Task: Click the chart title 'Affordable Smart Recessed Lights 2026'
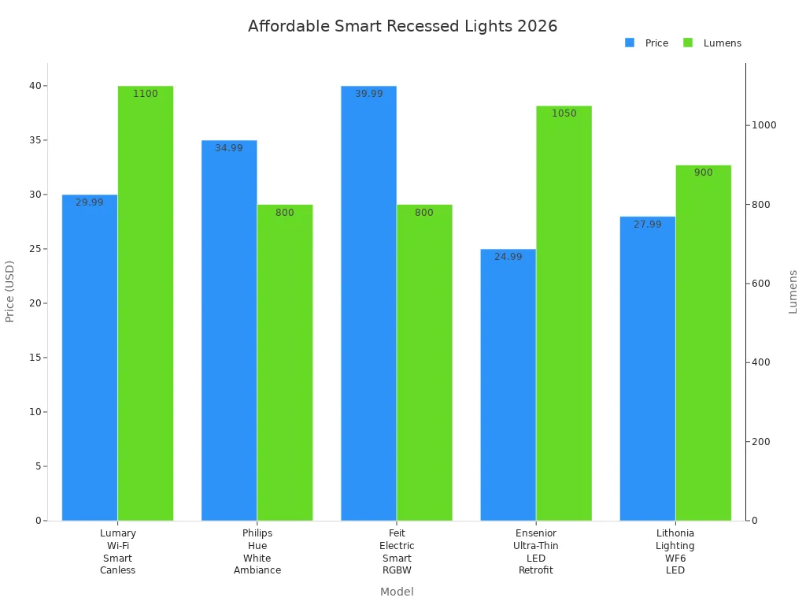coord(402,26)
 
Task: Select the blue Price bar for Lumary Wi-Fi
coord(90,358)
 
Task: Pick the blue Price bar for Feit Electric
coord(368,303)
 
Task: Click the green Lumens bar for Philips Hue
coord(285,362)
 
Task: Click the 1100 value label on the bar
coord(146,94)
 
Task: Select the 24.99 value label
coord(508,257)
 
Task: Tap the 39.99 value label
coord(368,94)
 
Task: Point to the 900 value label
coord(703,173)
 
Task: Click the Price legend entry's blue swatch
coord(630,43)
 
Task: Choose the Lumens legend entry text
coord(722,43)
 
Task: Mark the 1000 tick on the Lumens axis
coord(762,125)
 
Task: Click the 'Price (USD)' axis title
coord(10,291)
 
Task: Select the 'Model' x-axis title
coord(397,592)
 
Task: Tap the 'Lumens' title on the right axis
coord(793,291)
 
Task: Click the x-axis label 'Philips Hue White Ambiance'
coord(257,551)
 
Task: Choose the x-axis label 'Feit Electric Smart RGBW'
coord(397,551)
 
